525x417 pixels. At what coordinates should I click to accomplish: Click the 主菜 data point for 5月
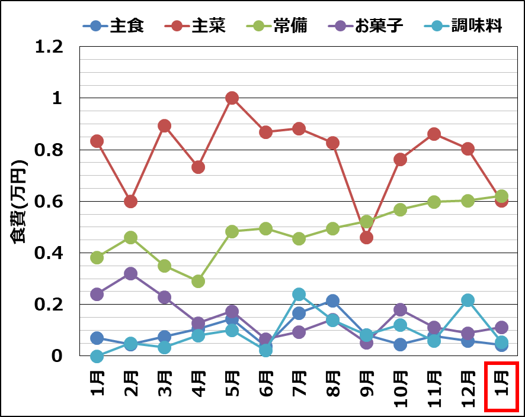(232, 98)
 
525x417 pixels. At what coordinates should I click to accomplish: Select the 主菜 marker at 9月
(366, 237)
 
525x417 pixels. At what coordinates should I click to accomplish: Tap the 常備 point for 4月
(198, 281)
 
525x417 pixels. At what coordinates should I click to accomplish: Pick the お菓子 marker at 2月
(131, 274)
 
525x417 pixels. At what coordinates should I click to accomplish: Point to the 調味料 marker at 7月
(299, 295)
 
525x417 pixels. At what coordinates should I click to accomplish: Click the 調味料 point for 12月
(468, 300)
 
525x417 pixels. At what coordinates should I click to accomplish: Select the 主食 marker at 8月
(332, 301)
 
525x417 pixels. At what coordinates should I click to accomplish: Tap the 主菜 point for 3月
(164, 126)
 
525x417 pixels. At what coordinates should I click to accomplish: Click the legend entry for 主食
(114, 26)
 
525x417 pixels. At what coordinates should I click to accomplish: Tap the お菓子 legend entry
(367, 26)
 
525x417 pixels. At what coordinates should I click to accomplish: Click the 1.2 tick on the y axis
(49, 47)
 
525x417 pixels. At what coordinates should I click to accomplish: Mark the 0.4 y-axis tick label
(49, 253)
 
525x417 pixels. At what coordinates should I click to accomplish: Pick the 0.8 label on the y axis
(49, 150)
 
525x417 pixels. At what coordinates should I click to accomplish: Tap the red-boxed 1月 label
(501, 386)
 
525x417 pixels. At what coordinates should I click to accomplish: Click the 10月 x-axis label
(400, 387)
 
